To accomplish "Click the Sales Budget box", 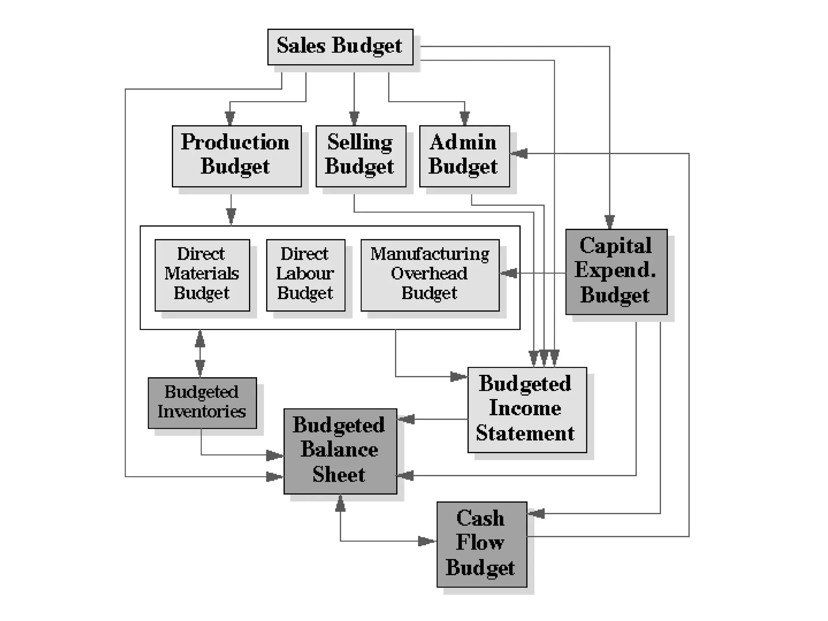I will pyautogui.click(x=340, y=46).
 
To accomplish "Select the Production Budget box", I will pyautogui.click(x=237, y=156).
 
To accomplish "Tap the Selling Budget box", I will pyautogui.click(x=361, y=156).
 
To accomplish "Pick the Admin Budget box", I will pyautogui.click(x=464, y=156).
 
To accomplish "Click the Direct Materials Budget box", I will pyautogui.click(x=202, y=275).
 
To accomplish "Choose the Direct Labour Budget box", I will pyautogui.click(x=306, y=275).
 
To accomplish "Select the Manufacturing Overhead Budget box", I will pyautogui.click(x=430, y=275).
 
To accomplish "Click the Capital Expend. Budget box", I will pyautogui.click(x=616, y=272).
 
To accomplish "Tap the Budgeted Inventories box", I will pyautogui.click(x=202, y=403).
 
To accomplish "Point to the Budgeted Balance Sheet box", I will pyautogui.click(x=340, y=451).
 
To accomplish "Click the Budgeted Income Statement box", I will pyautogui.click(x=527, y=410).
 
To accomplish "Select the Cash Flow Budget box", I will pyautogui.click(x=482, y=544).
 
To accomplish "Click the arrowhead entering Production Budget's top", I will pyautogui.click(x=230, y=119).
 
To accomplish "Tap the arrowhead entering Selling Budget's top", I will pyautogui.click(x=354, y=119).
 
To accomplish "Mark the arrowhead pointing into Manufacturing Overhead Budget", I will pyautogui.click(x=508, y=273).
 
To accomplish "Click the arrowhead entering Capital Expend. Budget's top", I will pyautogui.click(x=610, y=222).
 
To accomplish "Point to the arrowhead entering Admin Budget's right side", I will pyautogui.click(x=519, y=154).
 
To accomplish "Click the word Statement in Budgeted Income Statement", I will pyautogui.click(x=525, y=433).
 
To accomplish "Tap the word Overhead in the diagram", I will pyautogui.click(x=429, y=274).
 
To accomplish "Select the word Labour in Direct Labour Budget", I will pyautogui.click(x=305, y=274).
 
